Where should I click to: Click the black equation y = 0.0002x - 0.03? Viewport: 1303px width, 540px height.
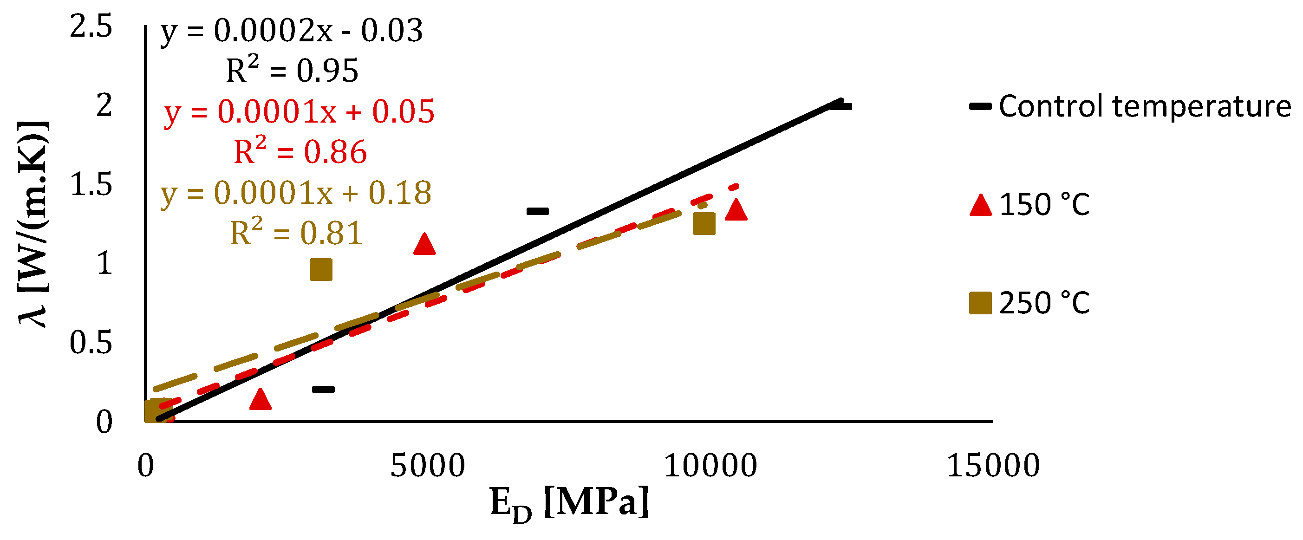(x=291, y=32)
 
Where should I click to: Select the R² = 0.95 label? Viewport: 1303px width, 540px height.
(x=292, y=71)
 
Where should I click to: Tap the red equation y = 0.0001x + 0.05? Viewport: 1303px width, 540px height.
(x=299, y=112)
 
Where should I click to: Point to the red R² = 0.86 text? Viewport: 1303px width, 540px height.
(x=300, y=152)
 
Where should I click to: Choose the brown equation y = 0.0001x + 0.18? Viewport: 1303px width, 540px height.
(x=296, y=193)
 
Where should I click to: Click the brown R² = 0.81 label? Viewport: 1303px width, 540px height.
(x=296, y=234)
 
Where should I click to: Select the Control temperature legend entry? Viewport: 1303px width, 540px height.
(x=1131, y=107)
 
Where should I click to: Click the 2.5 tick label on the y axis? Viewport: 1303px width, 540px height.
(x=91, y=26)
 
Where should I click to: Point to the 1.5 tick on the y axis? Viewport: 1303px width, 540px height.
(x=91, y=184)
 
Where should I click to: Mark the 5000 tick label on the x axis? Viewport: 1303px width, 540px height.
(x=427, y=466)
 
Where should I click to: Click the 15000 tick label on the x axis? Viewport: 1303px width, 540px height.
(x=992, y=466)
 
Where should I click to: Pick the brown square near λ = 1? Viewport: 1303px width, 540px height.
(x=321, y=269)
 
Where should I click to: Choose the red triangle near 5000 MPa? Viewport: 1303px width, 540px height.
(x=424, y=244)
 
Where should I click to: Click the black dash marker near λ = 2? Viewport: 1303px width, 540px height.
(x=840, y=107)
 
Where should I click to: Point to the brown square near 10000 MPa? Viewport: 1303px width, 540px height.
(x=704, y=223)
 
